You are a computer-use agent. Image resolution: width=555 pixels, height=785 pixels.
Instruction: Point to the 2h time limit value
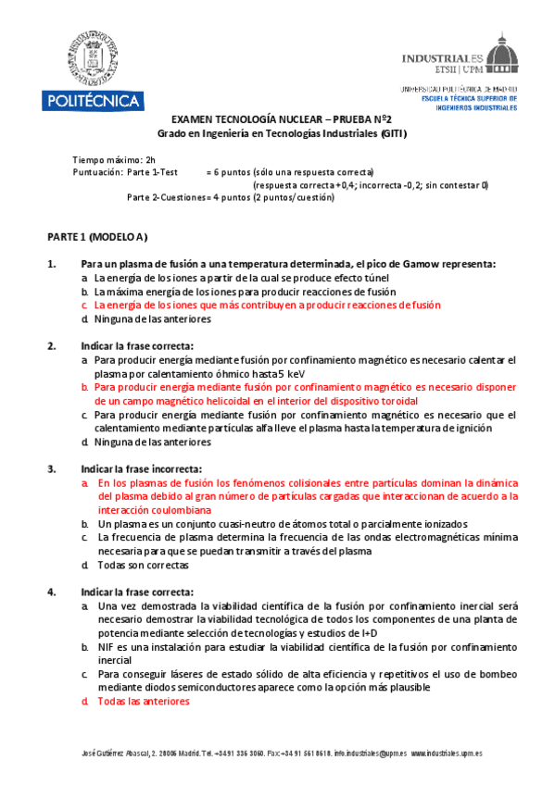149,159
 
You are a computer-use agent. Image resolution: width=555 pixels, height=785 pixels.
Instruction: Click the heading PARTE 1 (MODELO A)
97,237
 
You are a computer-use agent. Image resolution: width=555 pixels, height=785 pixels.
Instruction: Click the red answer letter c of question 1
84,305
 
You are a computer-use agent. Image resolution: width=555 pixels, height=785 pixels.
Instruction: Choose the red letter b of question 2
84,388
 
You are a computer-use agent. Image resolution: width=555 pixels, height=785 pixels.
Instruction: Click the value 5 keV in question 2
269,374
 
